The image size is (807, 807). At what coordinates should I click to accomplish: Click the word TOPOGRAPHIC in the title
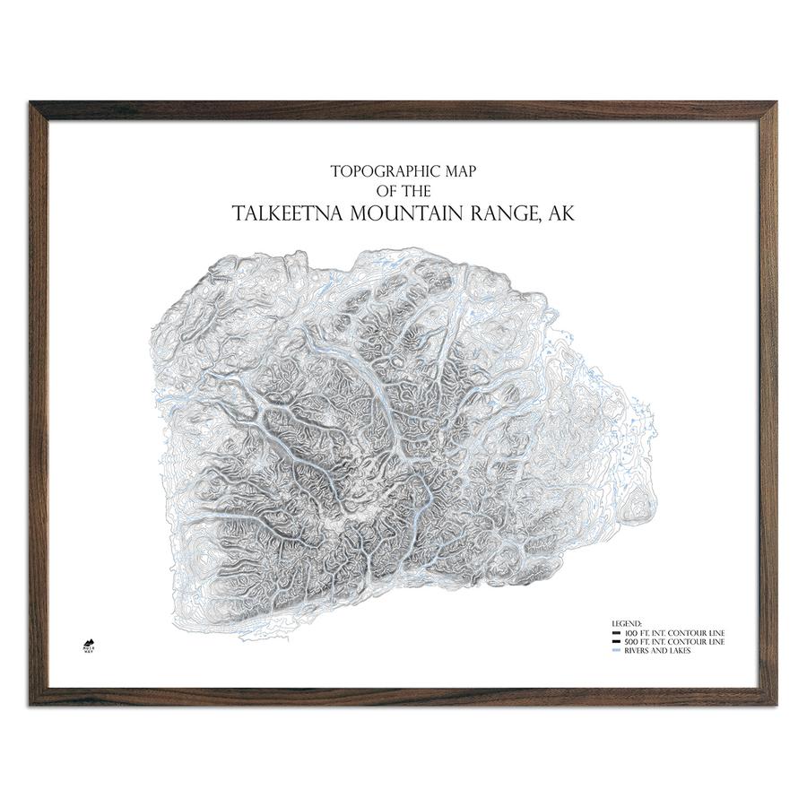click(376, 169)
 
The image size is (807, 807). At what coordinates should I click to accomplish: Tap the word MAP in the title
click(457, 169)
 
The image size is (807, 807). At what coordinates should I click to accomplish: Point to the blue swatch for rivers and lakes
click(616, 651)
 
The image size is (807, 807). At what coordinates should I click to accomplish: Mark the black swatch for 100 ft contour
click(616, 634)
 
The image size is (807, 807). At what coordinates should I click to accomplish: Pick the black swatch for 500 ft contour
click(616, 642)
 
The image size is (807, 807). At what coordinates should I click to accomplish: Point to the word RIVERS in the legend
click(636, 651)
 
